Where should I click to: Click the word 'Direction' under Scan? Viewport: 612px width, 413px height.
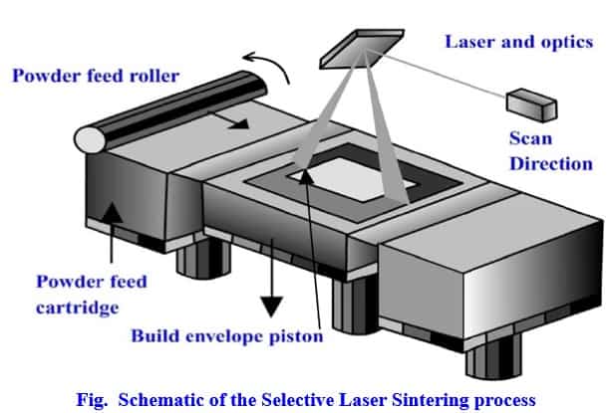tap(550, 163)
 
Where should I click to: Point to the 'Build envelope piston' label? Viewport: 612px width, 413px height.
tap(227, 335)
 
